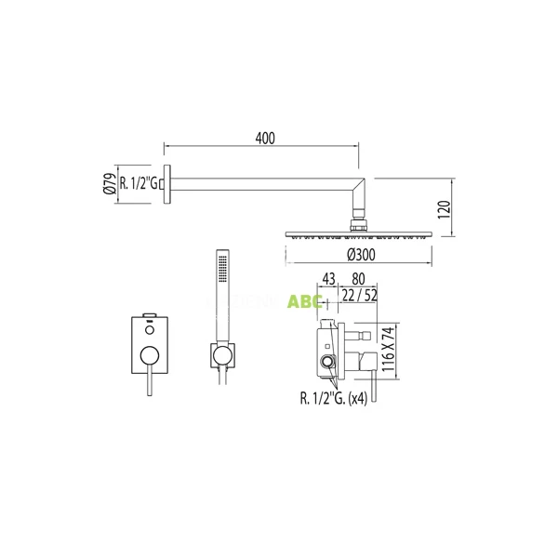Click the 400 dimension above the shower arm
coord(265,138)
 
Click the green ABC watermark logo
coord(306,301)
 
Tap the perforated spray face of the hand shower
coord(221,269)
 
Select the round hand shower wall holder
coord(222,353)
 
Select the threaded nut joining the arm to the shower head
coord(360,222)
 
